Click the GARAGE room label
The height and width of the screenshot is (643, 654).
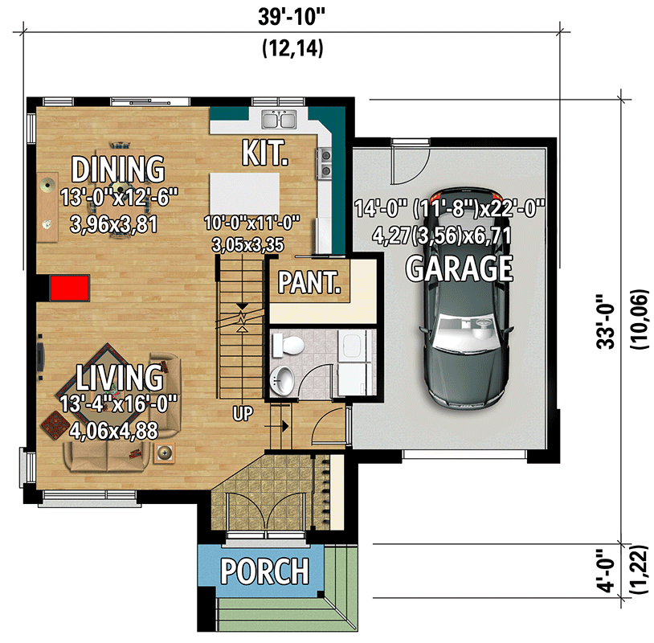point(459,268)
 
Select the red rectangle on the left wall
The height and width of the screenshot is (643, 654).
point(69,288)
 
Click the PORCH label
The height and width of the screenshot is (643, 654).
point(264,571)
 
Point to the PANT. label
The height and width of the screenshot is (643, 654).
point(309,283)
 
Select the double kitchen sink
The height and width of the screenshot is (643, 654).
point(280,121)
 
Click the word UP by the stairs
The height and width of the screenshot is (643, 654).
point(243,415)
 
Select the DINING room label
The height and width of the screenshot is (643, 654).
point(118,170)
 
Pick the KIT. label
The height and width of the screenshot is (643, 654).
point(264,153)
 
